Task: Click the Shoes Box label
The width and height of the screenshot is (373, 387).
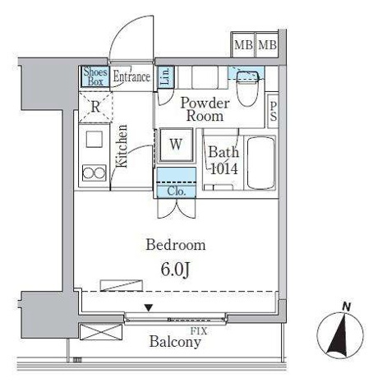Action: tap(95, 76)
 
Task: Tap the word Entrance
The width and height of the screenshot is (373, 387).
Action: tap(131, 76)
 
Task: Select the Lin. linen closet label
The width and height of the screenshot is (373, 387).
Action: tap(166, 76)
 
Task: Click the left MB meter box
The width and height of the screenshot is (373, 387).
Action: tap(243, 45)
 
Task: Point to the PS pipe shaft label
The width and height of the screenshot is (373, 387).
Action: tap(273, 112)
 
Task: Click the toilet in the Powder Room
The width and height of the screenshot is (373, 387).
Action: tap(247, 88)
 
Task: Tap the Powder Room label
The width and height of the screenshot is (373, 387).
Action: tap(205, 109)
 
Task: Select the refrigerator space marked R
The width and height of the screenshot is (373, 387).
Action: tap(95, 107)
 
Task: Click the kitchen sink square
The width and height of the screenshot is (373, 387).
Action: tap(94, 139)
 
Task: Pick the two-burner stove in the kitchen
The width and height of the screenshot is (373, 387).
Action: tap(94, 173)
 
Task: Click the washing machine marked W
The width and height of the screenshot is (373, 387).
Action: tap(176, 145)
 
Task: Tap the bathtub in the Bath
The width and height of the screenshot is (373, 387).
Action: tap(261, 164)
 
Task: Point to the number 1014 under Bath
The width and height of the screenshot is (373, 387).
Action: tap(224, 168)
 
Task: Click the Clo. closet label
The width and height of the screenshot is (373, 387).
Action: tap(177, 191)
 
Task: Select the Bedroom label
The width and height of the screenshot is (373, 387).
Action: tap(176, 245)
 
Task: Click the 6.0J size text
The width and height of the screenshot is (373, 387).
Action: tap(175, 270)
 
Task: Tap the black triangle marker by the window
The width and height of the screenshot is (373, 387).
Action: tap(149, 308)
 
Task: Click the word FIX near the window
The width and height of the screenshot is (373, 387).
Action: tap(199, 331)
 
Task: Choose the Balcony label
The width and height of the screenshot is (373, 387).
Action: tap(175, 342)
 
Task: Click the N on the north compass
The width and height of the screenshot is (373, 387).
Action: tap(347, 307)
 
